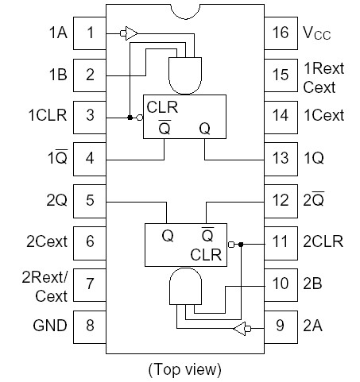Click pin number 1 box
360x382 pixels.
coord(90,33)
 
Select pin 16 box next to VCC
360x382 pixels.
coord(280,33)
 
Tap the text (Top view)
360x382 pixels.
coord(184,369)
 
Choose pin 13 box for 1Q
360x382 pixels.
coord(280,158)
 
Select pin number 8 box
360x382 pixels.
coord(90,325)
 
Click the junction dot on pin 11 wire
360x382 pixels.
coord(240,245)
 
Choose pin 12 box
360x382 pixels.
coord(280,199)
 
